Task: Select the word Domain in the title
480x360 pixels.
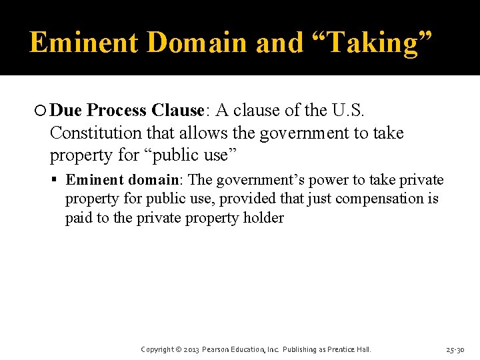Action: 197,43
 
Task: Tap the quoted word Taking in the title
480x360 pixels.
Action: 372,43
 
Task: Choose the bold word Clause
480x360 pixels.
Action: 177,110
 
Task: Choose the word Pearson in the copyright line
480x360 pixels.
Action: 218,349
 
